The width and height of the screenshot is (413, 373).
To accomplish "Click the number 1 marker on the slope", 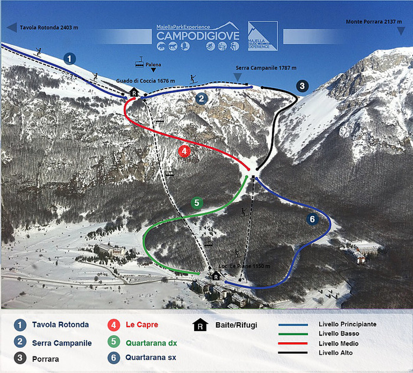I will click(x=70, y=59).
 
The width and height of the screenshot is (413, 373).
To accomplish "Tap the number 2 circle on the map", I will click(x=201, y=99).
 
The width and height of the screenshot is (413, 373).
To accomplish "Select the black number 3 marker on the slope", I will click(x=302, y=86).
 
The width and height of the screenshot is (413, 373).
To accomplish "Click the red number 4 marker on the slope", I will click(x=184, y=151).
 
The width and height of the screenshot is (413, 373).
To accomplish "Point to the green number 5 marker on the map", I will click(x=197, y=203).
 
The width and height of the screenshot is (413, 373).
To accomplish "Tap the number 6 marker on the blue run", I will click(x=312, y=219).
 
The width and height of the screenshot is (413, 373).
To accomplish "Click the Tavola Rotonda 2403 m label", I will click(x=49, y=28).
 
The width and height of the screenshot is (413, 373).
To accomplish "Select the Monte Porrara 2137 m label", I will click(x=373, y=22).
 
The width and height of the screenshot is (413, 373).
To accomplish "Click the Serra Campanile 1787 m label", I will click(x=266, y=68).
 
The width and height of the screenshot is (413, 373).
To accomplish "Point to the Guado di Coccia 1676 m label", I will click(x=145, y=81).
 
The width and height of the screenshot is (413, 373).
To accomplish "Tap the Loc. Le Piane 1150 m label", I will click(x=244, y=266).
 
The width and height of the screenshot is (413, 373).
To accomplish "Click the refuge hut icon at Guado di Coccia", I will click(x=134, y=92).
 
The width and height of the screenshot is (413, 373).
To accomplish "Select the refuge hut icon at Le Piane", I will click(x=216, y=276).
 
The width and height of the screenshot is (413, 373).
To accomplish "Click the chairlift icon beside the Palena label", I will click(x=139, y=63).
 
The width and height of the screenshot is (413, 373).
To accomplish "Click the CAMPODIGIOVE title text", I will click(x=198, y=36).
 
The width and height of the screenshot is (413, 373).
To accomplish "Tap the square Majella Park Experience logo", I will click(x=263, y=36).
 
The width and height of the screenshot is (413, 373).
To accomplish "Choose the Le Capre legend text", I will click(x=142, y=325).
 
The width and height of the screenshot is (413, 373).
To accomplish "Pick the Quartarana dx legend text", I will click(x=151, y=343).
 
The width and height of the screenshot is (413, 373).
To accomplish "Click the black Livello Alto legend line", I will click(x=293, y=353).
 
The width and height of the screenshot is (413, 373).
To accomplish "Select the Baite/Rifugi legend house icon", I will click(x=200, y=325).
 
